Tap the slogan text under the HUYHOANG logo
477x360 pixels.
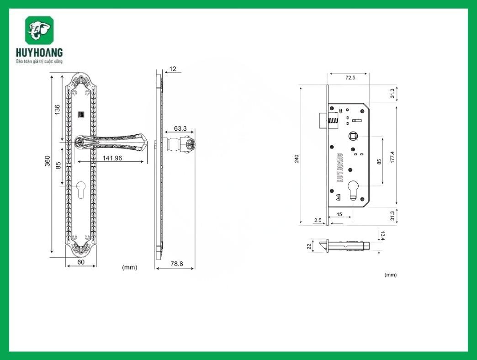coord(39,61)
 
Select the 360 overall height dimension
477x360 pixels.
coord(47,161)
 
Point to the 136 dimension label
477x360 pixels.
coord(57,110)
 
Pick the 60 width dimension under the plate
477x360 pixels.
coord(81,262)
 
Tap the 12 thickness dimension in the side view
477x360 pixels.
coord(172,69)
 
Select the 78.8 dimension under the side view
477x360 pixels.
coord(176,264)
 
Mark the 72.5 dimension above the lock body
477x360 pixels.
coord(350,78)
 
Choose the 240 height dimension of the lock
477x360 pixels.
coord(297,158)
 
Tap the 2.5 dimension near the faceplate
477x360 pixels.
coord(318,220)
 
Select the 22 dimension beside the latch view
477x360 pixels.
coord(309,246)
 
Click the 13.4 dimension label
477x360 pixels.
coord(383,236)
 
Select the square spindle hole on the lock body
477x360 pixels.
coord(353,136)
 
